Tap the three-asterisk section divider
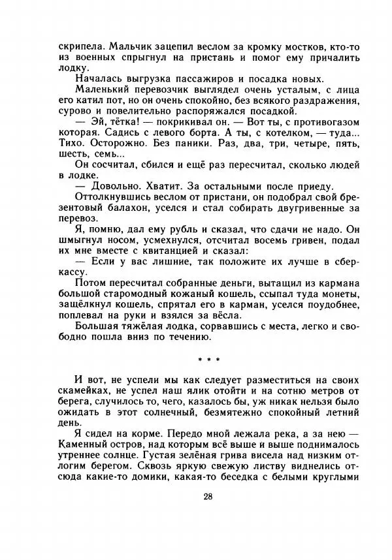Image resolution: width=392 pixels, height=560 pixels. (x=208, y=359)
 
